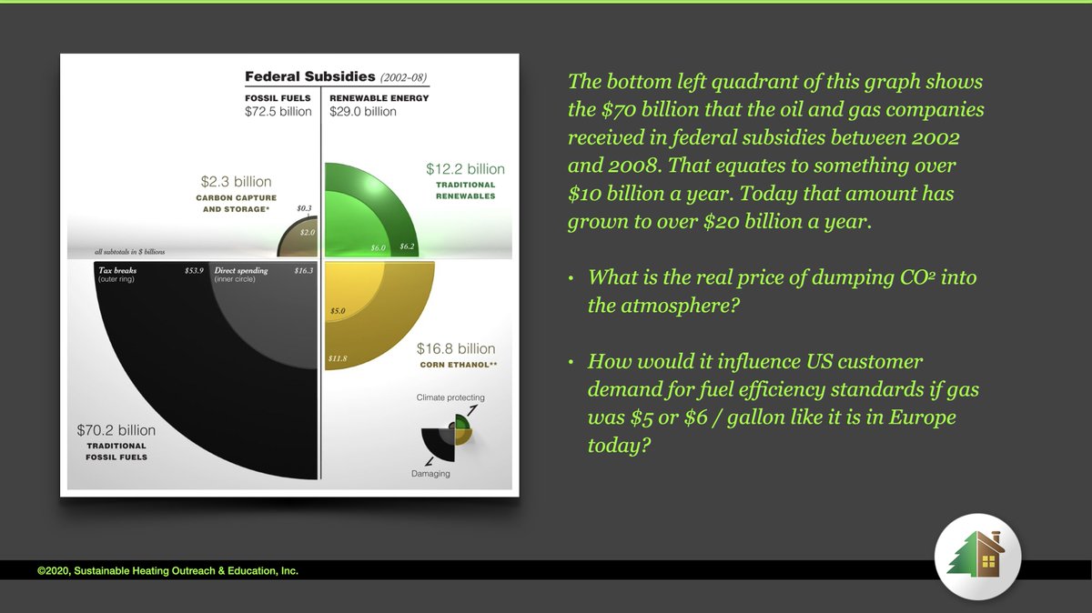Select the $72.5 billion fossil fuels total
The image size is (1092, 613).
pyautogui.click(x=278, y=112)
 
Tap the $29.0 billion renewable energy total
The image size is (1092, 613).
pyautogui.click(x=363, y=112)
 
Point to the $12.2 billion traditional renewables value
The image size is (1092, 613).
pyautogui.click(x=465, y=169)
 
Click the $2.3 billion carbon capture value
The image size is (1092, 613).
pyautogui.click(x=236, y=182)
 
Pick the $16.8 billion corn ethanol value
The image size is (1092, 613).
pyautogui.click(x=456, y=348)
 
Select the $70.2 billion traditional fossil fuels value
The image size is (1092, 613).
pyautogui.click(x=116, y=430)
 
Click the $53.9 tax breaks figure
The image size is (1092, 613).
pyautogui.click(x=194, y=271)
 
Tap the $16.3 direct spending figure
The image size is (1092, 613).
pyautogui.click(x=303, y=271)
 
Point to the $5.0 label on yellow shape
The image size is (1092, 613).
pyautogui.click(x=338, y=312)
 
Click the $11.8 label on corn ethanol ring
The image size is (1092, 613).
pyautogui.click(x=337, y=358)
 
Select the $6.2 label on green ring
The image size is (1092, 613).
pyautogui.click(x=407, y=246)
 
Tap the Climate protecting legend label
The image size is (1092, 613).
pyautogui.click(x=450, y=397)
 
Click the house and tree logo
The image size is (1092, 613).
pyautogui.click(x=977, y=556)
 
